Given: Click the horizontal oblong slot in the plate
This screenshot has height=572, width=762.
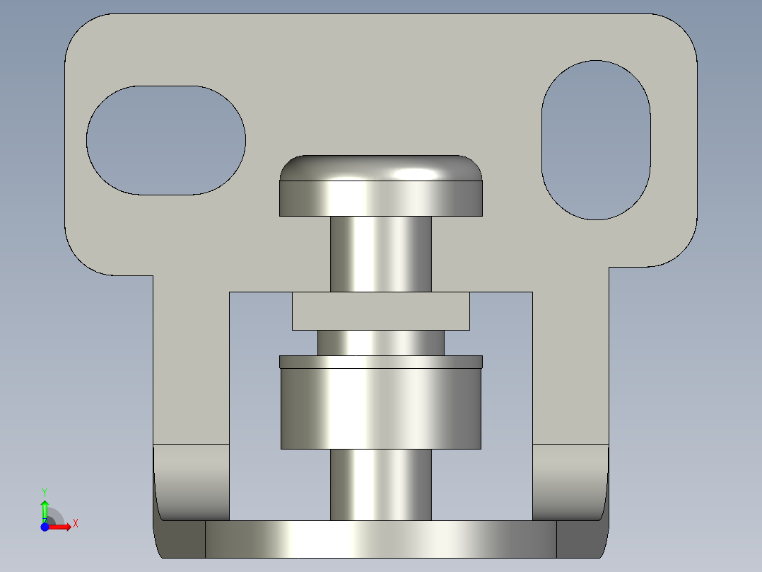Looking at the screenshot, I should pos(166,140).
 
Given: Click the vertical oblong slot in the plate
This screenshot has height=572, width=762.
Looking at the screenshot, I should pos(595,140).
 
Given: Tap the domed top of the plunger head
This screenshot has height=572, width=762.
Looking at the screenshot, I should pos(381,168).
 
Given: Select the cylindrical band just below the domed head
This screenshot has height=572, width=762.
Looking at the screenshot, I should pos(381,198).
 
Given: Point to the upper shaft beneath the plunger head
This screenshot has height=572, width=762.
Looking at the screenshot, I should pos(381,253).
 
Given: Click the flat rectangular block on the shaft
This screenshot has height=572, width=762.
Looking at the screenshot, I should pos(381,311).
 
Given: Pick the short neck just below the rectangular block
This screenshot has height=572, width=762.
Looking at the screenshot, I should pos(381,343).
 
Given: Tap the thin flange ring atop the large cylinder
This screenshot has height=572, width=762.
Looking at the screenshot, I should pos(381,362).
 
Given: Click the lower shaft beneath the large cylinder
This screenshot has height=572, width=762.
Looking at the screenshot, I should pos(381,484).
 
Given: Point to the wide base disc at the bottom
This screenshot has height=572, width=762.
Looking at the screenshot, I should pos(381,539).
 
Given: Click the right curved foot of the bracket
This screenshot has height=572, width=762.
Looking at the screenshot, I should pos(570,481).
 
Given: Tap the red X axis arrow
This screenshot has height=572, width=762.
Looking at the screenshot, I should pos(61,527).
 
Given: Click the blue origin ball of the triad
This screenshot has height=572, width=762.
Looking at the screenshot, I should pos(45,527).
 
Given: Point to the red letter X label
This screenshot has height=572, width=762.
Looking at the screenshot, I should pos(76,523).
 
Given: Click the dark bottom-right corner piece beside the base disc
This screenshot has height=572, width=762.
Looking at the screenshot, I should pos(581,539).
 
